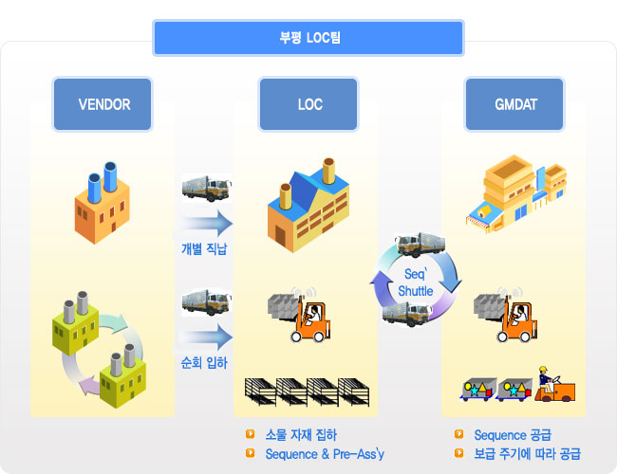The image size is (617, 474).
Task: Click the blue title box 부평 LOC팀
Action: click(x=308, y=38)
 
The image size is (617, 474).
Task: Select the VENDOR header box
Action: click(x=103, y=104)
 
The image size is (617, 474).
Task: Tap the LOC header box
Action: click(x=308, y=104)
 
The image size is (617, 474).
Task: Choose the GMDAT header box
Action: click(x=514, y=104)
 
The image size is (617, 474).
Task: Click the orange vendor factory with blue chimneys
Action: click(x=103, y=203)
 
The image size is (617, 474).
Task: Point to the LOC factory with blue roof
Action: click(x=308, y=205)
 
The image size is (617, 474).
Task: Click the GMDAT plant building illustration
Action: click(x=516, y=194)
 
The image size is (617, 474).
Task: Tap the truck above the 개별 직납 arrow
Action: click(x=207, y=189)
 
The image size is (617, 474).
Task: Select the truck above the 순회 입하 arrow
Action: click(x=207, y=302)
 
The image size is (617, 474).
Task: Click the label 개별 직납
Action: click(x=204, y=248)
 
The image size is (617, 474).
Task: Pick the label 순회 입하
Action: click(x=204, y=363)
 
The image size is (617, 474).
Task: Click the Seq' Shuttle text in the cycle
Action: click(x=416, y=283)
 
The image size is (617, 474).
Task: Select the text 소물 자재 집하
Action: click(x=301, y=435)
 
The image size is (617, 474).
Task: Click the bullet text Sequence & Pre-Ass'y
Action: click(x=325, y=454)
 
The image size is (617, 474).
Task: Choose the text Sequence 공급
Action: click(x=513, y=435)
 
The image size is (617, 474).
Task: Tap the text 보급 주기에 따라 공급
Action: click(x=527, y=454)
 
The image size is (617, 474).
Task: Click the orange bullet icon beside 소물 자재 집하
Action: click(x=250, y=434)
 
